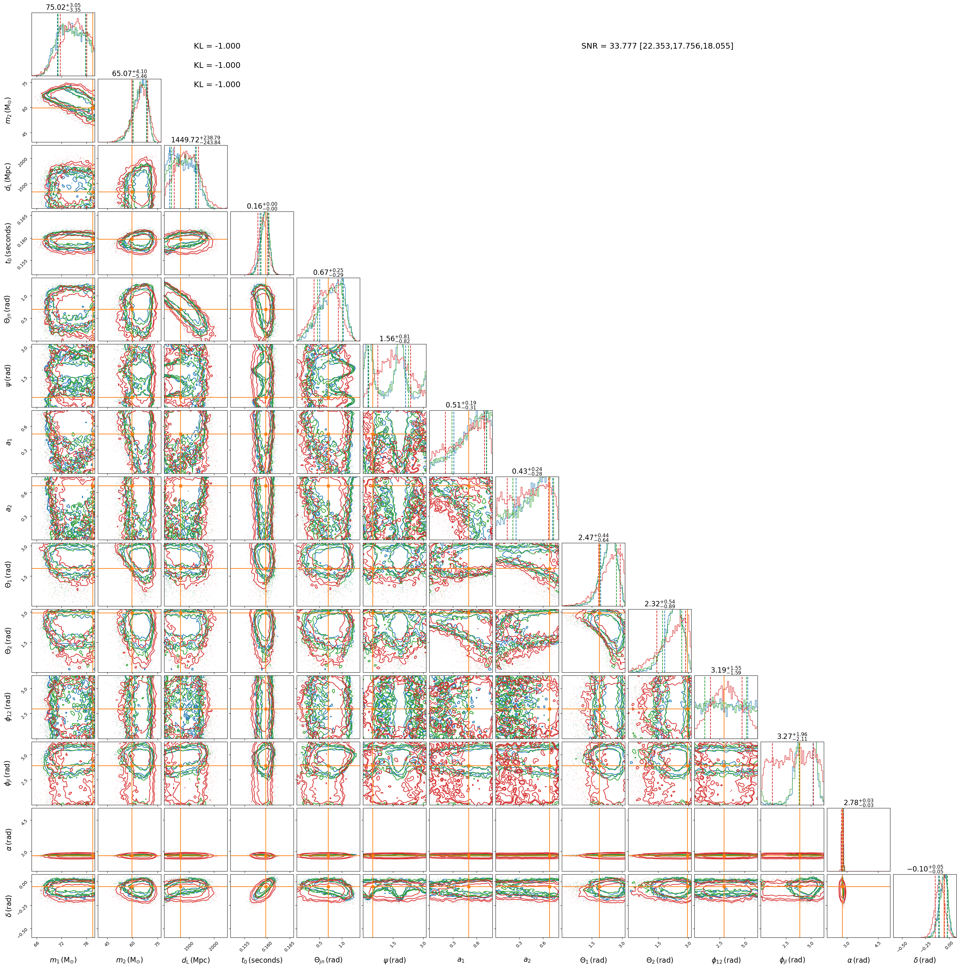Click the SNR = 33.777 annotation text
pos(657,46)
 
